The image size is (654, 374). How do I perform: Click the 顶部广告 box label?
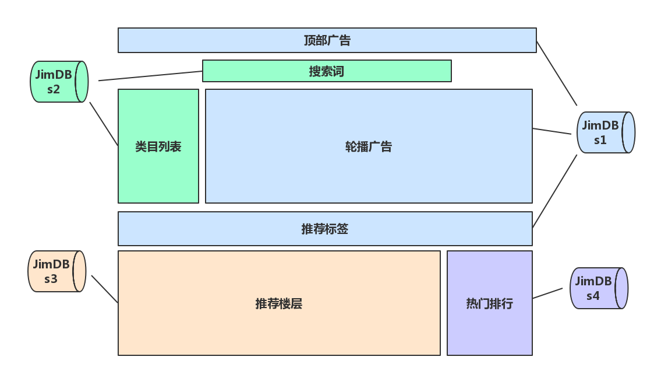(327, 40)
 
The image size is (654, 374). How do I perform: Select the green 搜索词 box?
(327, 71)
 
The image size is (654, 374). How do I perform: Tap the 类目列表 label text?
(158, 146)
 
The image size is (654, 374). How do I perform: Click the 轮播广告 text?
(369, 146)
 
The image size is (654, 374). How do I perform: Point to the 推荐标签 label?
(325, 229)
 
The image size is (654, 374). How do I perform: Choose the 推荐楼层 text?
(279, 303)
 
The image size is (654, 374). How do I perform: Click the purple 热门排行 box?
(490, 303)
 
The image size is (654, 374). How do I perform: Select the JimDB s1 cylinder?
(605, 132)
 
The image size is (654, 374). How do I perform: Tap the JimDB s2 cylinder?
(59, 82)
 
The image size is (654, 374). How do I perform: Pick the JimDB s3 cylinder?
(56, 271)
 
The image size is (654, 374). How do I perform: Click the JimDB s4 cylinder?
(599, 288)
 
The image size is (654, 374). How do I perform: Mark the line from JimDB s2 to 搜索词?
(150, 76)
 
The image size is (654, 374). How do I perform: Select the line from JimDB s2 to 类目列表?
(104, 124)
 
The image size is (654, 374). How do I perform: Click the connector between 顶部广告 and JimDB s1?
(557, 74)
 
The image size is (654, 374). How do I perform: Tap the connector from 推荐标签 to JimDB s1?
(554, 190)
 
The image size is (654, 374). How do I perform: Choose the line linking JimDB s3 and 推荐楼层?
(105, 289)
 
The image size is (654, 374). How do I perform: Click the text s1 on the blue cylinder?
(600, 140)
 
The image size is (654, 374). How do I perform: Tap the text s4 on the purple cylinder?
(593, 296)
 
